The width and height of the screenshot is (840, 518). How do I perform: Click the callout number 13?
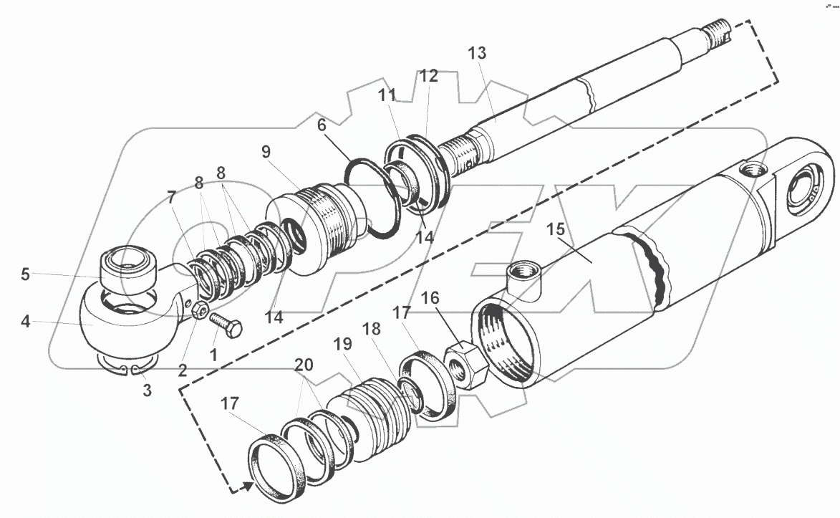point(477,53)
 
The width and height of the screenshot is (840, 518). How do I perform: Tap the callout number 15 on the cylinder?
point(556,231)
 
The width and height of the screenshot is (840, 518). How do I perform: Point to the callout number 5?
point(25,274)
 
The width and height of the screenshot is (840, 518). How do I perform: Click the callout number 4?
point(25,322)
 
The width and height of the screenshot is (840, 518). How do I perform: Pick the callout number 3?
point(147,390)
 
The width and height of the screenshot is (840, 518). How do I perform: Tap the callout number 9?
point(266,152)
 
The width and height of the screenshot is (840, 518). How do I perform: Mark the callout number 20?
point(304,364)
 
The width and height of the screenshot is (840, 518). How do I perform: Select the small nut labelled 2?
point(202,310)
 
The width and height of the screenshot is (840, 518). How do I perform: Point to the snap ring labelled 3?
point(129,368)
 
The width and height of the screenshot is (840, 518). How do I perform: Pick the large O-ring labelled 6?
point(373,197)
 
